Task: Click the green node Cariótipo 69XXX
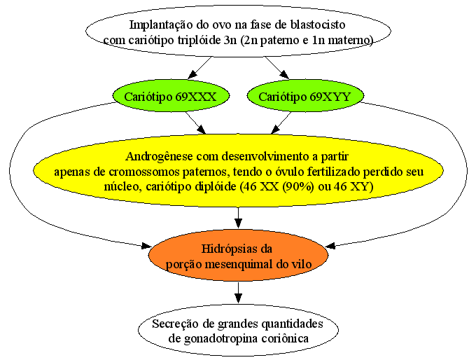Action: pos(171,96)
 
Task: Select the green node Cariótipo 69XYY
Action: pos(305,96)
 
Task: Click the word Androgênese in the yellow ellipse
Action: pos(159,157)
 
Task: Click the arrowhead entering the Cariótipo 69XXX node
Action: pos(192,74)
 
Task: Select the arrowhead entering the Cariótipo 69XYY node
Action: pos(284,74)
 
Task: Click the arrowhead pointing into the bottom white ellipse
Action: pos(238,298)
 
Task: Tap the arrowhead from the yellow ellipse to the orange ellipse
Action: pos(238,223)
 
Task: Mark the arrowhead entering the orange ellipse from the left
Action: pos(146,246)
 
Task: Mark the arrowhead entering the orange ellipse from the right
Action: pos(330,245)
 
